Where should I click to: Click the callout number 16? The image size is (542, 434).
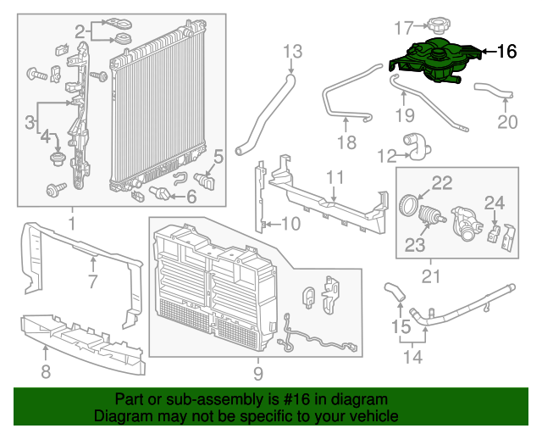pyautogui.click(x=506, y=52)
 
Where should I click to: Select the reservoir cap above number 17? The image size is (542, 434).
pyautogui.click(x=443, y=25)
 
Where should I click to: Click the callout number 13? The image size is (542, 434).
pyautogui.click(x=292, y=53)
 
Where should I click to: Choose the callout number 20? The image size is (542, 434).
pyautogui.click(x=506, y=122)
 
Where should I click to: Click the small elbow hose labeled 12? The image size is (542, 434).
pyautogui.click(x=418, y=147)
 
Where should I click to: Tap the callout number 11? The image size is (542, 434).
pyautogui.click(x=335, y=177)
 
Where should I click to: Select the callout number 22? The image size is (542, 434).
pyautogui.click(x=442, y=181)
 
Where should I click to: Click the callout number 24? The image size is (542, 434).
pyautogui.click(x=494, y=203)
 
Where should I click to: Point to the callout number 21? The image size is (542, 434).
pyautogui.click(x=432, y=275)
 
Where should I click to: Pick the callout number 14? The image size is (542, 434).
pyautogui.click(x=412, y=357)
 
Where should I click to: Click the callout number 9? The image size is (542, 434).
pyautogui.click(x=258, y=373)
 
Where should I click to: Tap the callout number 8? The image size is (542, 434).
pyautogui.click(x=46, y=370)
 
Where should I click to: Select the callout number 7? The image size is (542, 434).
pyautogui.click(x=92, y=281)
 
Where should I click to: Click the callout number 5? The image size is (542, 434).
pyautogui.click(x=218, y=156)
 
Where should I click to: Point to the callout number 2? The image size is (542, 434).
pyautogui.click(x=80, y=32)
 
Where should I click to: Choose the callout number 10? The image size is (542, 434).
pyautogui.click(x=290, y=224)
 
